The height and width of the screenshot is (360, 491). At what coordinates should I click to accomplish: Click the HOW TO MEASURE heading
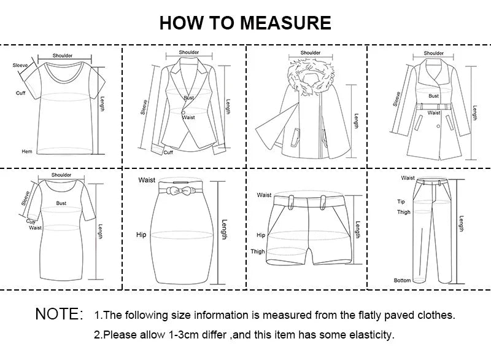[245, 23]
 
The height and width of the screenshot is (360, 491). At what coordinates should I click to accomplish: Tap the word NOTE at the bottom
[59, 315]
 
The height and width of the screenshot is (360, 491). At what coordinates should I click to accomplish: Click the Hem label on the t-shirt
[26, 151]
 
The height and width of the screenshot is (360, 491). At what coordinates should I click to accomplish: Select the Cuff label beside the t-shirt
[21, 93]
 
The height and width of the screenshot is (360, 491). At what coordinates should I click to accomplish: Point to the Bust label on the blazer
[188, 98]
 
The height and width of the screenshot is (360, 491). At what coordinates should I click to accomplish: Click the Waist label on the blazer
[188, 117]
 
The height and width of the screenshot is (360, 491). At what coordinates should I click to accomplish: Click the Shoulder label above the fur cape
[311, 53]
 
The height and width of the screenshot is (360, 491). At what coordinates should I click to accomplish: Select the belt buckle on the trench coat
[434, 106]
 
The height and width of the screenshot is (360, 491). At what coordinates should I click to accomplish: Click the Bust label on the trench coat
[434, 96]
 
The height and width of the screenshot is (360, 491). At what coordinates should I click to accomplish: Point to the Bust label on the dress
[61, 203]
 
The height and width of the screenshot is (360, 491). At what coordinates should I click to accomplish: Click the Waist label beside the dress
[35, 227]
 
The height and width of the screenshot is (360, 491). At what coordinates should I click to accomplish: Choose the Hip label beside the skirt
[142, 235]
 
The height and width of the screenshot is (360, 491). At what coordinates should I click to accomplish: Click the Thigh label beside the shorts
[258, 252]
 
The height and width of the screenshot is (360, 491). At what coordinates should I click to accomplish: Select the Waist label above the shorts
[264, 195]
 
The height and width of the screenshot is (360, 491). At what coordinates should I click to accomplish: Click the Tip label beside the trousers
[401, 202]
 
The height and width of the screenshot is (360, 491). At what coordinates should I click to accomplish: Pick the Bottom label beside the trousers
[402, 281]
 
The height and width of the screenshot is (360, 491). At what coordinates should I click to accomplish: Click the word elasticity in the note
[371, 335]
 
